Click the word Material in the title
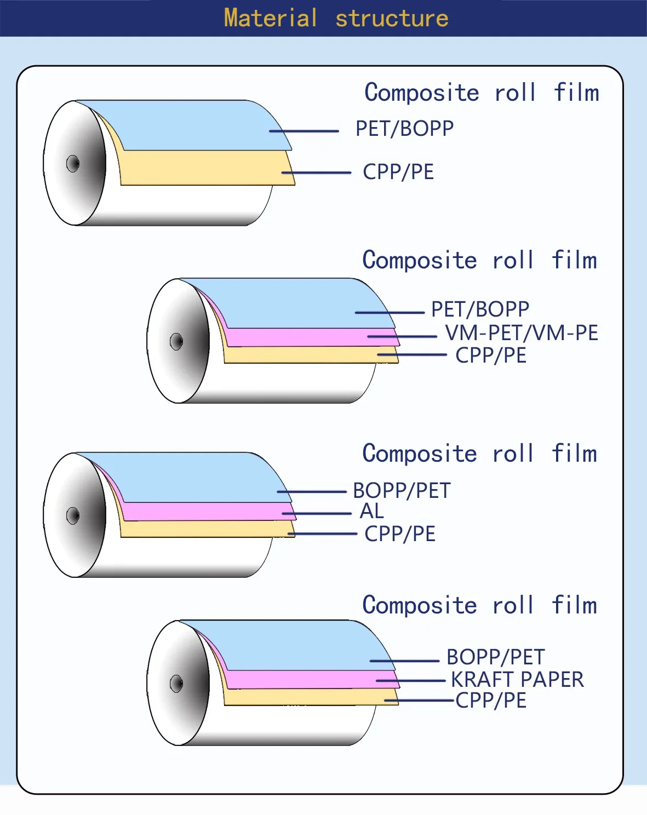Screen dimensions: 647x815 [x=271, y=18]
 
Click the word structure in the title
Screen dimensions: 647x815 [x=392, y=19]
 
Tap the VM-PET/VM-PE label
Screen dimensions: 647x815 [x=521, y=332]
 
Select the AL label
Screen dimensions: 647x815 [x=371, y=510]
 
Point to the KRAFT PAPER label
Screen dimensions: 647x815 [x=517, y=679]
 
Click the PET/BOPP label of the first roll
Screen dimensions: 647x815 [x=404, y=128]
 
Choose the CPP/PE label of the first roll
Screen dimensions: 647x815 [x=398, y=171]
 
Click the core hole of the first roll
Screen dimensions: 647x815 [x=73, y=164]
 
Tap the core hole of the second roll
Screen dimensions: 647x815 [x=176, y=342]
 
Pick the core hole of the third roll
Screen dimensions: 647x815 [x=73, y=515]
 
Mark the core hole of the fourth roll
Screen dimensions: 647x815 [x=176, y=684]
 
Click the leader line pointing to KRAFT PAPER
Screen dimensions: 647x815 [x=411, y=681]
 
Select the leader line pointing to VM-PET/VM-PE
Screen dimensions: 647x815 [x=402, y=336]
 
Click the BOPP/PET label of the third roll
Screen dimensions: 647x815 [x=402, y=490]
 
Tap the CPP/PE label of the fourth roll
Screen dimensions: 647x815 [x=490, y=700]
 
